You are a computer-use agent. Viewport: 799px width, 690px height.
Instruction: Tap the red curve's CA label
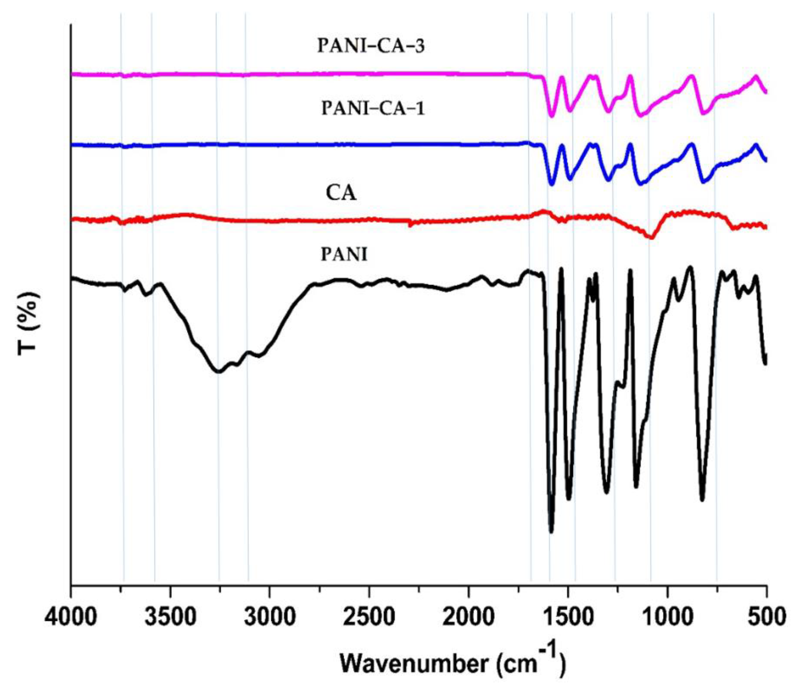point(341,193)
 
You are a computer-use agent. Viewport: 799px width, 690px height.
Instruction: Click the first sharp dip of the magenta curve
point(552,116)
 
